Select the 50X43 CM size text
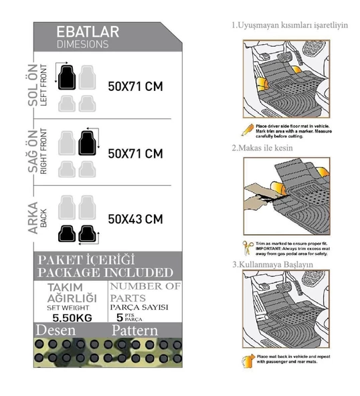(135, 218)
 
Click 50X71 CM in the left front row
(135, 86)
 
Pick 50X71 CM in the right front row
(135, 153)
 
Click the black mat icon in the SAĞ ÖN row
(86, 142)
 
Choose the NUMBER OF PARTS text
(145, 292)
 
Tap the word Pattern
(134, 331)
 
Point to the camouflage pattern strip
(107, 353)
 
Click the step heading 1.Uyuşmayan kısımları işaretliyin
(289, 25)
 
